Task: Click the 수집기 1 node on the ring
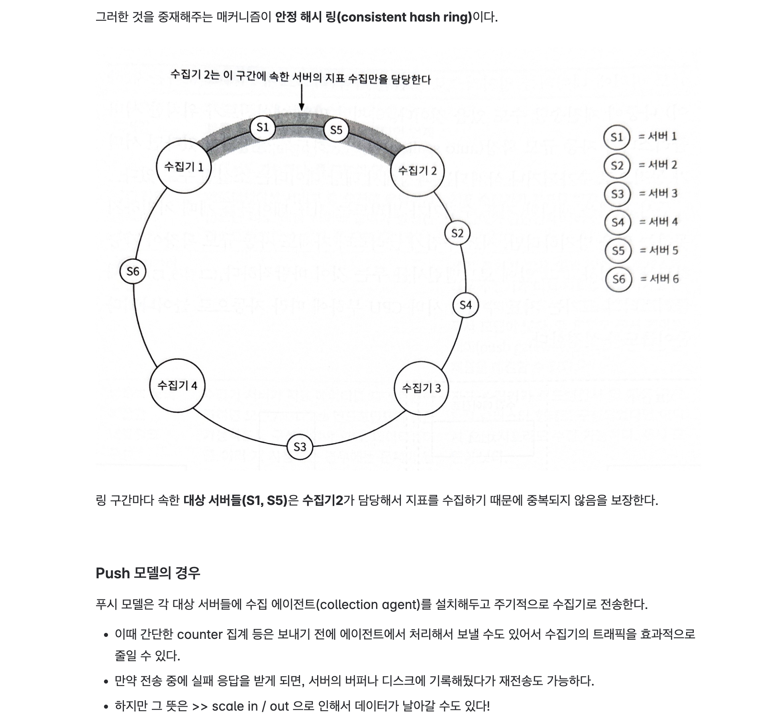[x=183, y=167]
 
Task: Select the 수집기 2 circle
[x=417, y=171]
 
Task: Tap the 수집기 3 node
[x=421, y=388]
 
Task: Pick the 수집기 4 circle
[x=177, y=385]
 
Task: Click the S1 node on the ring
[x=263, y=127]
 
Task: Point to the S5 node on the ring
[x=336, y=130]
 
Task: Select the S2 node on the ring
[x=457, y=233]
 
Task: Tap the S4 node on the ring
[x=465, y=305]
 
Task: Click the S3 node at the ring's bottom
[x=300, y=447]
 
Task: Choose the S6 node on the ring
[x=133, y=271]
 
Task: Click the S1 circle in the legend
[x=616, y=137]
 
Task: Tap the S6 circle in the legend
[x=618, y=279]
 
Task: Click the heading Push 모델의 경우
[x=148, y=573]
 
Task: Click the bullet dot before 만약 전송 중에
[x=106, y=682]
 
